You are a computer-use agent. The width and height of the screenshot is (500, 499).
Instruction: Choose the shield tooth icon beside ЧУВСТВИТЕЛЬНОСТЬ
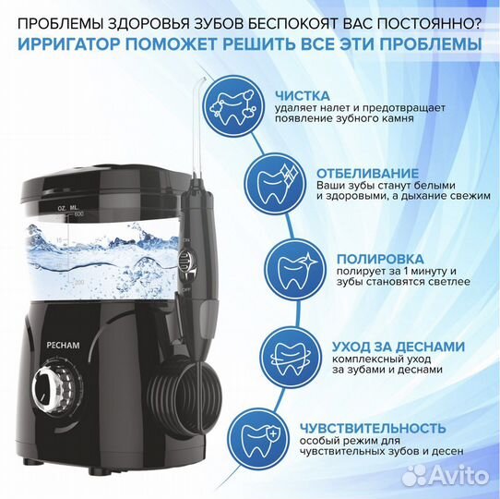point(251,434)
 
